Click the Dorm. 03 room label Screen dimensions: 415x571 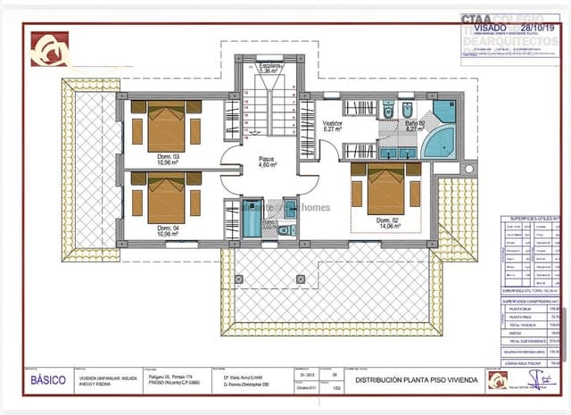[x=169, y=160]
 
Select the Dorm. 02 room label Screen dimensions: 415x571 [x=386, y=223]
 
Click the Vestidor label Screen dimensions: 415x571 [x=332, y=126]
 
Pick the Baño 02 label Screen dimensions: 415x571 [x=414, y=126]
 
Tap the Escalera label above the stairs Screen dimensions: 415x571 [x=270, y=69]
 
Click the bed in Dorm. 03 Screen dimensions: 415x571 [x=166, y=130]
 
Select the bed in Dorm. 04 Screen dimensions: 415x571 [x=166, y=201]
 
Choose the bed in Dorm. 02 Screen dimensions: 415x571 [x=385, y=189]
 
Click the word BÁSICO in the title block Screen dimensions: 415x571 [x=48, y=379]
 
